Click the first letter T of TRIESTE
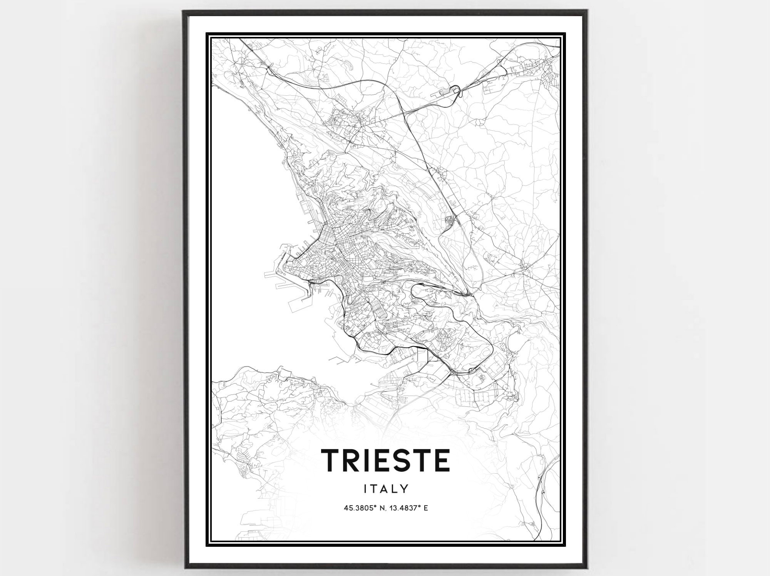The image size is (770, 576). [332, 460]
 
